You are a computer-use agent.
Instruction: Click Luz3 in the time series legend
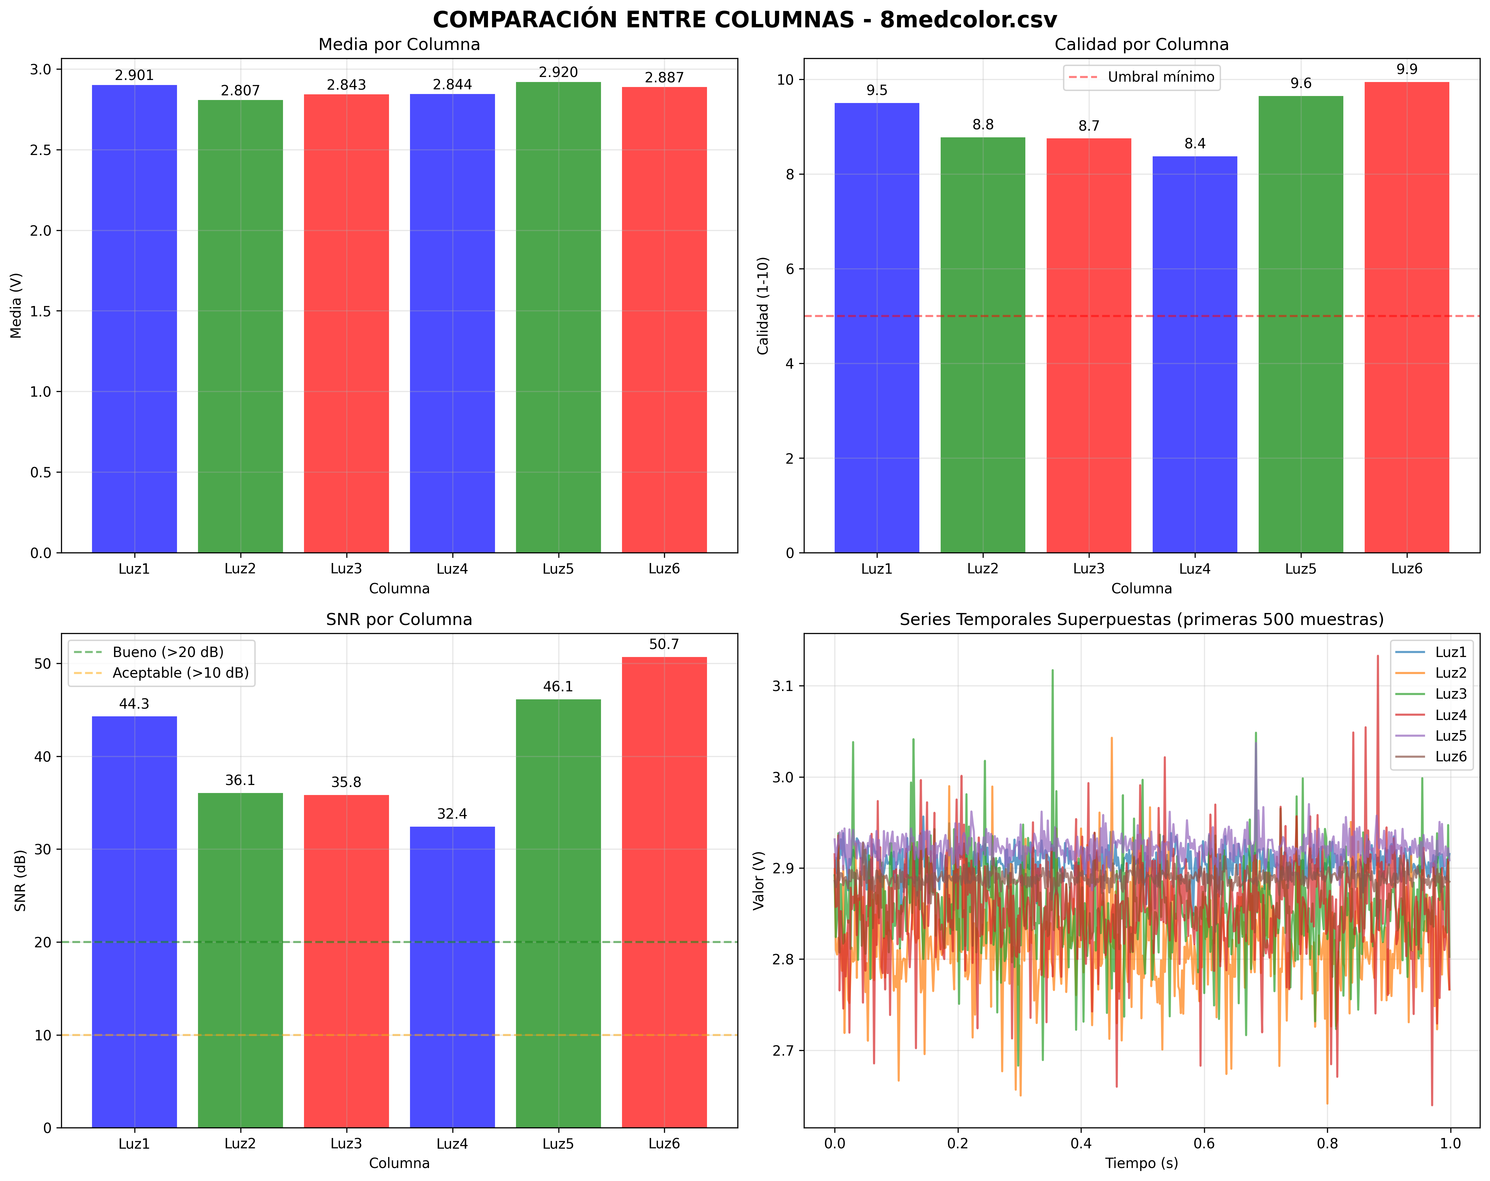tap(1450, 694)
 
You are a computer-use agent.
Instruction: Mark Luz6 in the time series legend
tap(1450, 757)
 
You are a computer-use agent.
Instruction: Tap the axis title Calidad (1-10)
tap(763, 305)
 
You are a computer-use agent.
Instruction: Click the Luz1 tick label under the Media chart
tap(134, 569)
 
